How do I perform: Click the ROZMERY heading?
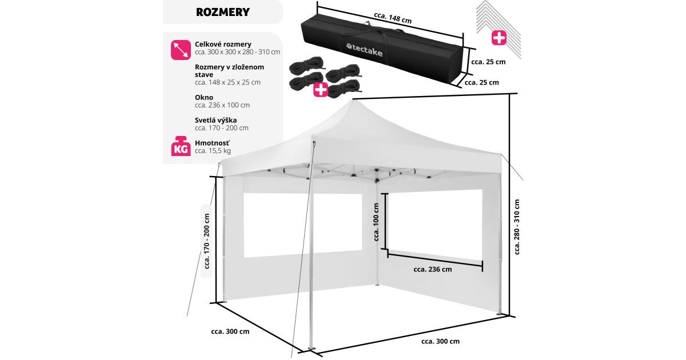[x=222, y=12]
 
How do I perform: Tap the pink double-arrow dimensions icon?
[x=181, y=50]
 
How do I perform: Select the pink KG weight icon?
[x=181, y=146]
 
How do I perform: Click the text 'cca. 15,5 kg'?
[x=213, y=151]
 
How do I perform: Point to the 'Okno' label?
[x=204, y=97]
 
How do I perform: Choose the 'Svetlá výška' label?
[x=216, y=120]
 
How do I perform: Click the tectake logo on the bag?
[x=365, y=50]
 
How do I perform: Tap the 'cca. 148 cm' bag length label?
[x=393, y=18]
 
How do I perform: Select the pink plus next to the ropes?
[x=320, y=90]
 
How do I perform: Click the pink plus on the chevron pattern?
[x=499, y=38]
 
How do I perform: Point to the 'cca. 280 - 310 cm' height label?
[x=517, y=227]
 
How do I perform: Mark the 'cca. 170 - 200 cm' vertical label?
[x=207, y=241]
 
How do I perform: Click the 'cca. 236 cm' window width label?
[x=432, y=269]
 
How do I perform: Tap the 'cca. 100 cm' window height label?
[x=376, y=222]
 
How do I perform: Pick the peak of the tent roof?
[x=353, y=99]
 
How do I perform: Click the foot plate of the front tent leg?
[x=312, y=349]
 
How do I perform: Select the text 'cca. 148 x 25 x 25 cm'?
[x=228, y=82]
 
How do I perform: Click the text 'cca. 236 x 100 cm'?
[x=222, y=105]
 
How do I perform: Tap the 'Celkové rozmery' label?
[x=223, y=44]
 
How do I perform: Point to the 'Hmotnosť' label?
[x=212, y=143]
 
